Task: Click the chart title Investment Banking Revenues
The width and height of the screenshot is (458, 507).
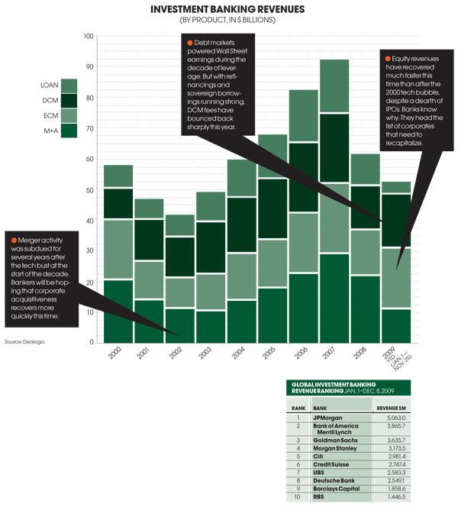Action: [227, 9]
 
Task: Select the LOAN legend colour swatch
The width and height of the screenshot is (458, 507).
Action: [69, 86]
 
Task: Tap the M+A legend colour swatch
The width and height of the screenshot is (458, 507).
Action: [69, 131]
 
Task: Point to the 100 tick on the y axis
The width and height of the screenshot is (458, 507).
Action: [89, 37]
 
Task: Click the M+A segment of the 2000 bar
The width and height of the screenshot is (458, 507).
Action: [118, 311]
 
